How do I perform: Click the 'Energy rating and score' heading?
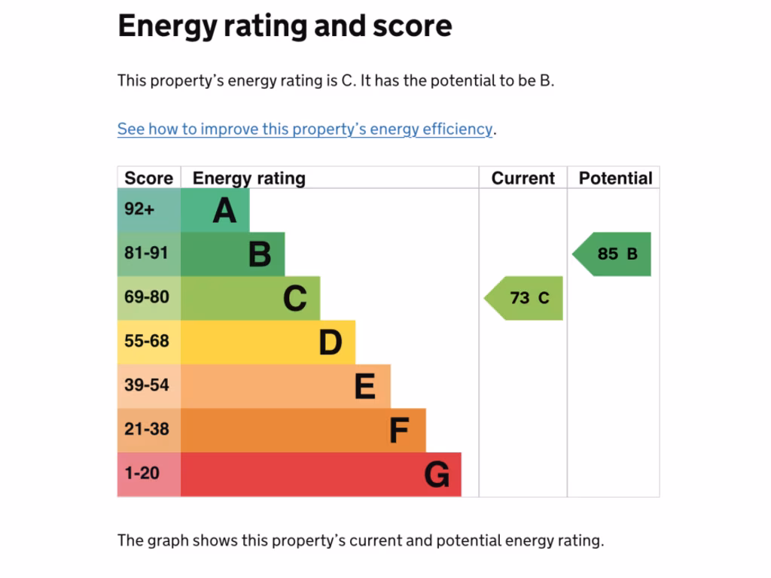(x=285, y=26)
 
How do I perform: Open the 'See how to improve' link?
(x=305, y=129)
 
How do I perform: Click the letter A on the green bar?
(x=224, y=211)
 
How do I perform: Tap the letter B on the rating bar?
(x=260, y=254)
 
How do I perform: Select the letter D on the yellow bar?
(x=330, y=342)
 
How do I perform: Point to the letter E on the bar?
(x=365, y=387)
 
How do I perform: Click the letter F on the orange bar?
(x=399, y=430)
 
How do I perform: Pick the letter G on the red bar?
(x=437, y=475)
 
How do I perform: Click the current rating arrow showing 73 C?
(x=526, y=298)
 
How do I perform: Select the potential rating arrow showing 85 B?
(x=614, y=254)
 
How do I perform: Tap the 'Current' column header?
(x=523, y=178)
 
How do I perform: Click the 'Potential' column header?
(x=615, y=178)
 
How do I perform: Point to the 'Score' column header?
(x=148, y=178)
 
